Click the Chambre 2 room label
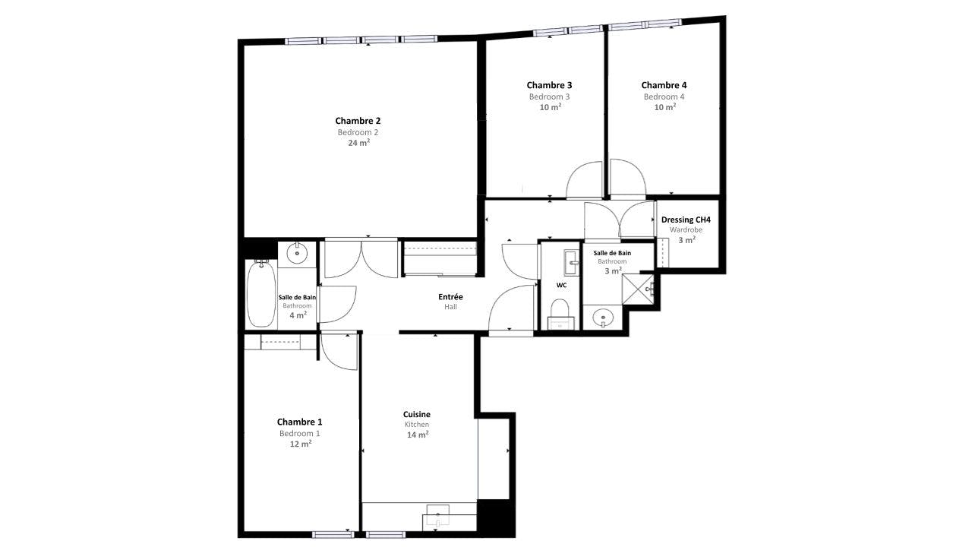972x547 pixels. click(358, 121)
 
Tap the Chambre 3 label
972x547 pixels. click(549, 85)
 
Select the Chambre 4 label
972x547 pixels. click(664, 85)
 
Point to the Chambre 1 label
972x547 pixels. click(299, 422)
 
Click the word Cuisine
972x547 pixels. click(417, 414)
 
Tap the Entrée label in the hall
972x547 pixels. click(450, 297)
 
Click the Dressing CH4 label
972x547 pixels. click(686, 220)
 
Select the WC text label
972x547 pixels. click(561, 285)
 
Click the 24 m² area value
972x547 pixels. click(359, 142)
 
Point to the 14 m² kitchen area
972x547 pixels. click(418, 435)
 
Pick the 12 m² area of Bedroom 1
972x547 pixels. click(301, 444)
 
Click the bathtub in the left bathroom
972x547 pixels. click(260, 293)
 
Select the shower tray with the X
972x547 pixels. click(638, 289)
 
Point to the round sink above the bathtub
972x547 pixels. click(297, 252)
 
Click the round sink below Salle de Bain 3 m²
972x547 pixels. click(603, 318)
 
